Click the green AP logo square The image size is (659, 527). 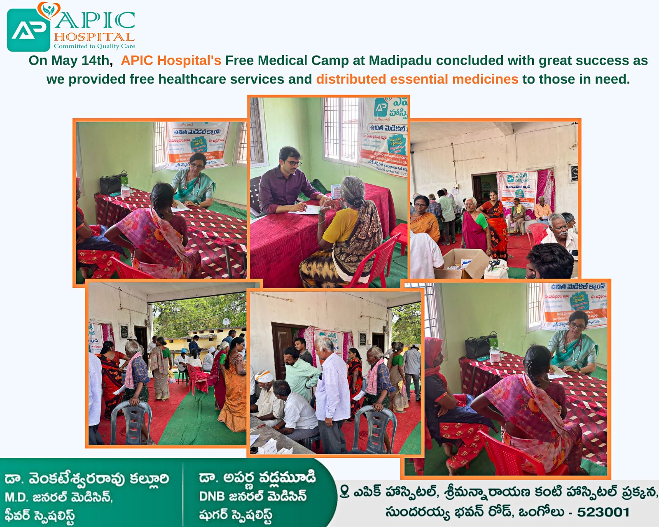pos(28,30)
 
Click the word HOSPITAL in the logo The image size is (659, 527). pos(94,37)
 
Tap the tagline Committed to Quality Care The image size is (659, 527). pos(94,46)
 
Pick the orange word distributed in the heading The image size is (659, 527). pos(351,79)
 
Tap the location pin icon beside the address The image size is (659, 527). pos(344,491)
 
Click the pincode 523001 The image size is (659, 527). pos(603,512)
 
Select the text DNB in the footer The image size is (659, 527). pos(212,497)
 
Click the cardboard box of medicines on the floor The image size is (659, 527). pos(465,263)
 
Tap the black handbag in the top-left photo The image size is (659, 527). pos(111,184)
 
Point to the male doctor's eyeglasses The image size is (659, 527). pos(293,163)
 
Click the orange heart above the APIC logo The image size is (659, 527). pos(48,10)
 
